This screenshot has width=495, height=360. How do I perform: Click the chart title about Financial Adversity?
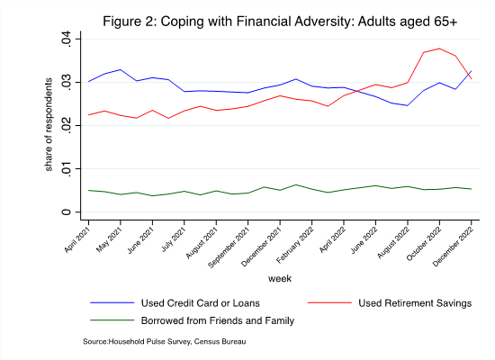click(280, 22)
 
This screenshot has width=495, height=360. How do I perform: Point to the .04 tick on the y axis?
click(67, 40)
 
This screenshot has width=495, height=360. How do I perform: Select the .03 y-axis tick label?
click(67, 83)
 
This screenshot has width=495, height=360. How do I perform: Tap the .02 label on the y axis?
click(67, 126)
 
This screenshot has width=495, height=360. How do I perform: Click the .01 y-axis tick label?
click(67, 169)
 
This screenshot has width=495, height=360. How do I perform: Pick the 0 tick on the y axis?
click(67, 211)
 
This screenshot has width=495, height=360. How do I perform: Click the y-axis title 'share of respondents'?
click(49, 125)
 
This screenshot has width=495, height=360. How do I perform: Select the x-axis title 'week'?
click(280, 278)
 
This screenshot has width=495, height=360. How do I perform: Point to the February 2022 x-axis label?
click(295, 244)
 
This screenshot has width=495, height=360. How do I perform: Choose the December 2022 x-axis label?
click(453, 246)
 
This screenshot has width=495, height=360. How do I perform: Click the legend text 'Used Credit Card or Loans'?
click(201, 303)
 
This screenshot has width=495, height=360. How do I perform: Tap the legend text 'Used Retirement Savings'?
click(415, 303)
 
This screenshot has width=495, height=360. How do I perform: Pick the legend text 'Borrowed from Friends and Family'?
click(218, 320)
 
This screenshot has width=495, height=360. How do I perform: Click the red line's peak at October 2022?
click(439, 49)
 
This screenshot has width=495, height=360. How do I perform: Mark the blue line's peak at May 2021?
click(121, 69)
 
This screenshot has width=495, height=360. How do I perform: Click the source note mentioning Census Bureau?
click(164, 341)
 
